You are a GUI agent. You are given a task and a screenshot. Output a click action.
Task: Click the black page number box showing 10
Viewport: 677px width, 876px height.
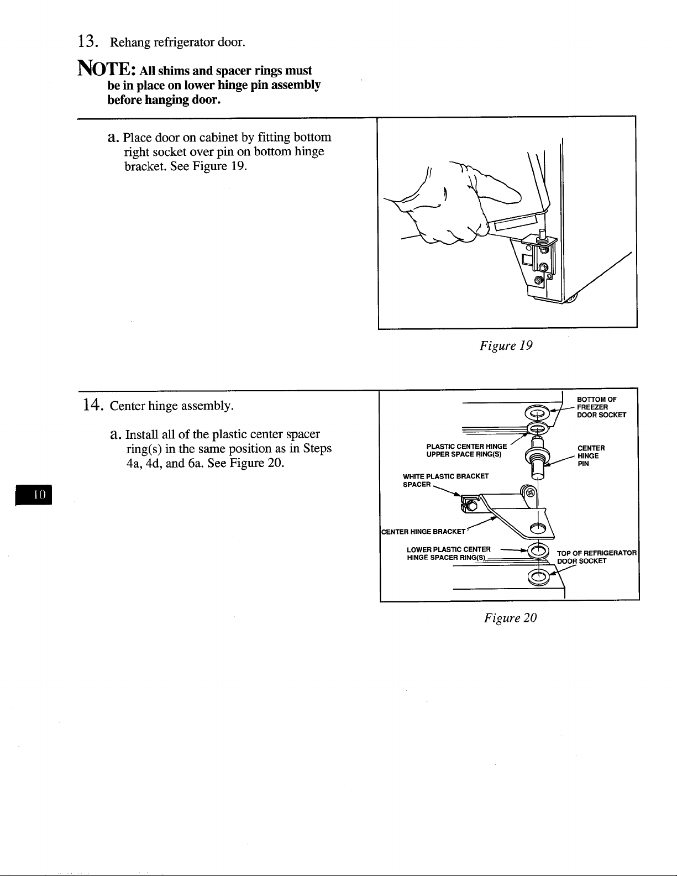(34, 495)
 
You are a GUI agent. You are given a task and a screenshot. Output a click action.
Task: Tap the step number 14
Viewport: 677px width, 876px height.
(92, 405)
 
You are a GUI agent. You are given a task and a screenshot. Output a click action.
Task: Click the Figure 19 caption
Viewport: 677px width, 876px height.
(506, 345)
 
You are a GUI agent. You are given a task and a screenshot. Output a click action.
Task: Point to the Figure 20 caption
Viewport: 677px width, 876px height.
(510, 617)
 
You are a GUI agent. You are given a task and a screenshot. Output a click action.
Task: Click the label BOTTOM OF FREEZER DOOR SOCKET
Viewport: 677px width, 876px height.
(601, 407)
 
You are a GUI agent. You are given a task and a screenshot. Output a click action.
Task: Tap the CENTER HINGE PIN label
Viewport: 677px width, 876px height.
(591, 456)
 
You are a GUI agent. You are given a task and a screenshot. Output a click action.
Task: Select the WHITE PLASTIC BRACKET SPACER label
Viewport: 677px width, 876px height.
(445, 480)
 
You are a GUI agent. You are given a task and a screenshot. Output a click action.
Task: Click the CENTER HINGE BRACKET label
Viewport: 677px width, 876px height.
(423, 532)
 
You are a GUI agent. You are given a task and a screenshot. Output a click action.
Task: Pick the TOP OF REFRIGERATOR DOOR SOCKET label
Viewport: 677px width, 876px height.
(597, 557)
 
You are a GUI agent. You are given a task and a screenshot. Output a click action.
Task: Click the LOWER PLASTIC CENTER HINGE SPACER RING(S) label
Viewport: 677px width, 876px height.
(449, 553)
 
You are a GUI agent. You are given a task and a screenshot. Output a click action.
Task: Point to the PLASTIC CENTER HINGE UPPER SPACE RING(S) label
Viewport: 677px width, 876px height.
(466, 450)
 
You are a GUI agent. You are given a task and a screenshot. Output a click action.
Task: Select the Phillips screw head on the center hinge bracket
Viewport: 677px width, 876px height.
(531, 492)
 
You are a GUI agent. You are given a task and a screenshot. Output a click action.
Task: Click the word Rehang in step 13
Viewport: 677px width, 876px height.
(130, 43)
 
